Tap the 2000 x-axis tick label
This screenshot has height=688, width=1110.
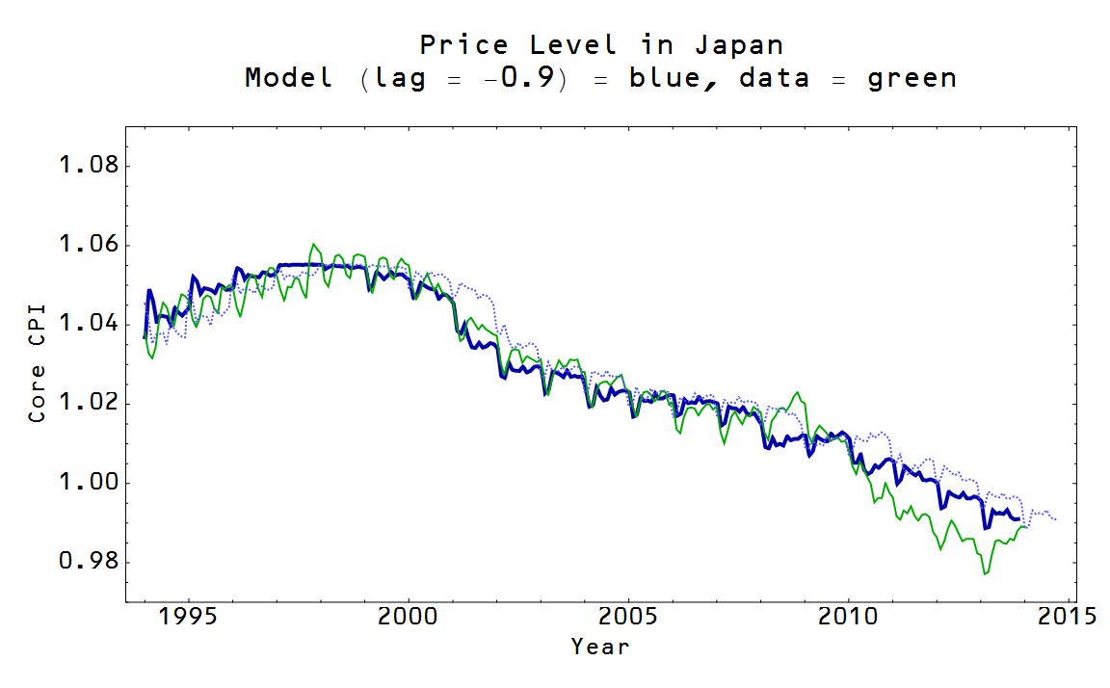408,616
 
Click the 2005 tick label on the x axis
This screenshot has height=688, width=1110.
628,616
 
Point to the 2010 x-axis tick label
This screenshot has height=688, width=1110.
848,616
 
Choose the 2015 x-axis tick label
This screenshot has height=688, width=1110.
1068,616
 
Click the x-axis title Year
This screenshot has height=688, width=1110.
600,646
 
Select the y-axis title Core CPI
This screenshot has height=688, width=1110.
38,365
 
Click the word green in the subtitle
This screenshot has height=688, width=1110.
912,78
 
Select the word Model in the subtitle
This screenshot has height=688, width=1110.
289,78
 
